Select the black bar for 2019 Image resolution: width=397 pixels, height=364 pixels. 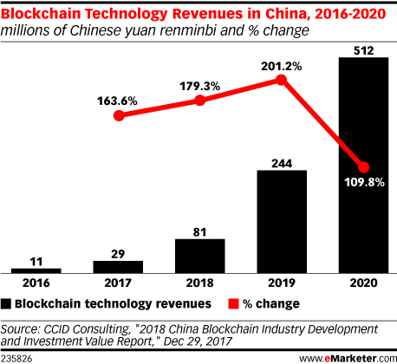[281, 221]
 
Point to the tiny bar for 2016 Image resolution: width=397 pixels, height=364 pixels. [36, 270]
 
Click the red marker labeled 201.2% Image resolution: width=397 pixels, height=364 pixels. [281, 80]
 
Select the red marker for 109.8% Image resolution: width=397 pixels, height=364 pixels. [363, 167]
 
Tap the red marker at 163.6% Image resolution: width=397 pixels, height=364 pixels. [118, 115]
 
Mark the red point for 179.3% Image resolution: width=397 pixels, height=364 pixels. [199, 100]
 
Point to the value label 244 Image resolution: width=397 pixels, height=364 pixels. [281, 160]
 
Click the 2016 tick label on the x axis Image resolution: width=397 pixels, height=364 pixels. [36, 283]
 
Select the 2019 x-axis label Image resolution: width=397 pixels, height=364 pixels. [281, 283]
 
